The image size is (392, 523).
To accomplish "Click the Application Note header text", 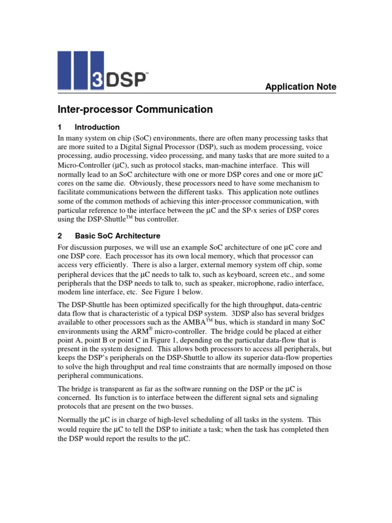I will tap(301, 87).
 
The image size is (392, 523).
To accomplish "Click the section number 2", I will tap(59, 236).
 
